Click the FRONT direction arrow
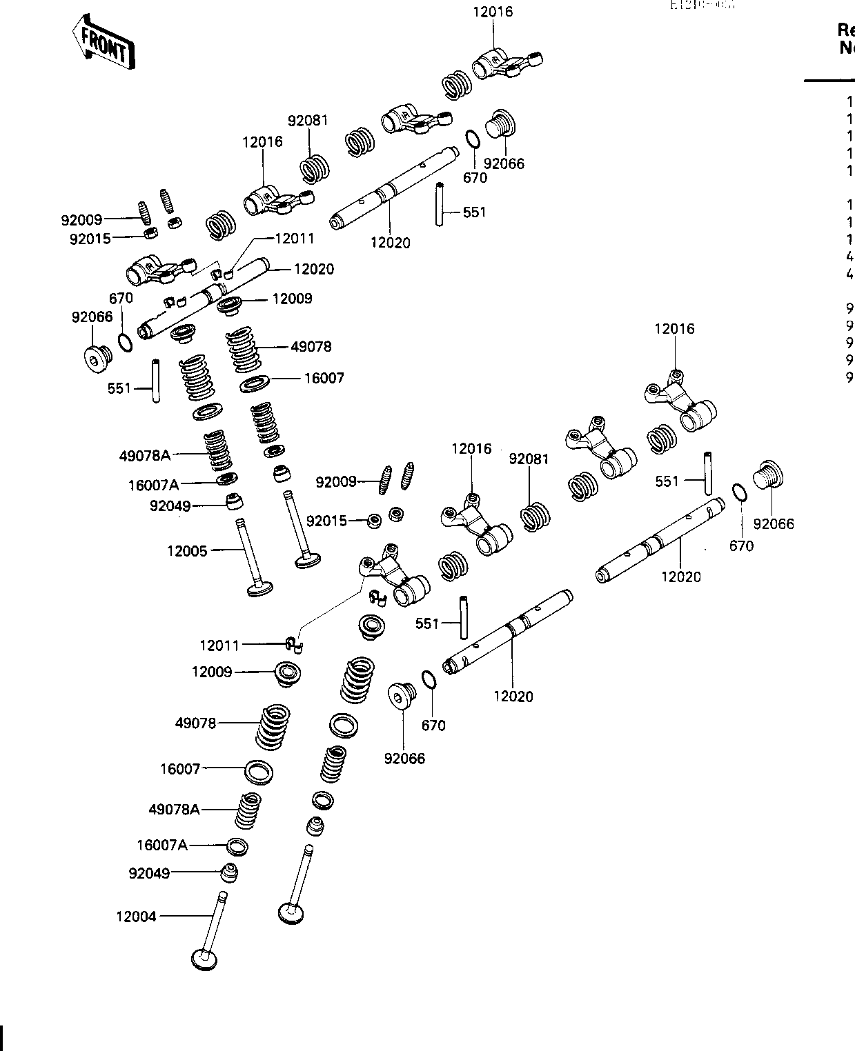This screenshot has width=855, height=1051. pyautogui.click(x=104, y=43)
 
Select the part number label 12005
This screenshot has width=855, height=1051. pyautogui.click(x=187, y=551)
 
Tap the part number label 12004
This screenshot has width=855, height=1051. pyautogui.click(x=136, y=917)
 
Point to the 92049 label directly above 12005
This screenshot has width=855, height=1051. pyautogui.click(x=170, y=506)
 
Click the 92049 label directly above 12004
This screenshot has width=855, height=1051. pyautogui.click(x=149, y=873)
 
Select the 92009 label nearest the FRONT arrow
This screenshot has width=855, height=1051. pyautogui.click(x=81, y=220)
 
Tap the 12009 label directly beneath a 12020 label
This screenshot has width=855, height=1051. pyautogui.click(x=292, y=299)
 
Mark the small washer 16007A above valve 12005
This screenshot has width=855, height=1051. pyautogui.click(x=226, y=479)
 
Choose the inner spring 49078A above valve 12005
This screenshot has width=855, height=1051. pyautogui.click(x=217, y=450)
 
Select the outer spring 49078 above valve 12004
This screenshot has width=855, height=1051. pyautogui.click(x=273, y=726)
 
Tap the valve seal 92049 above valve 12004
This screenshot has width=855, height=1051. pyautogui.click(x=230, y=872)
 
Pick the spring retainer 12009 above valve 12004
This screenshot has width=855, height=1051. pyautogui.click(x=288, y=672)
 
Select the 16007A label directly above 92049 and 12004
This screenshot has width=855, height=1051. pyautogui.click(x=162, y=845)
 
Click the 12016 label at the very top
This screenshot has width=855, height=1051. pyautogui.click(x=493, y=12)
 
